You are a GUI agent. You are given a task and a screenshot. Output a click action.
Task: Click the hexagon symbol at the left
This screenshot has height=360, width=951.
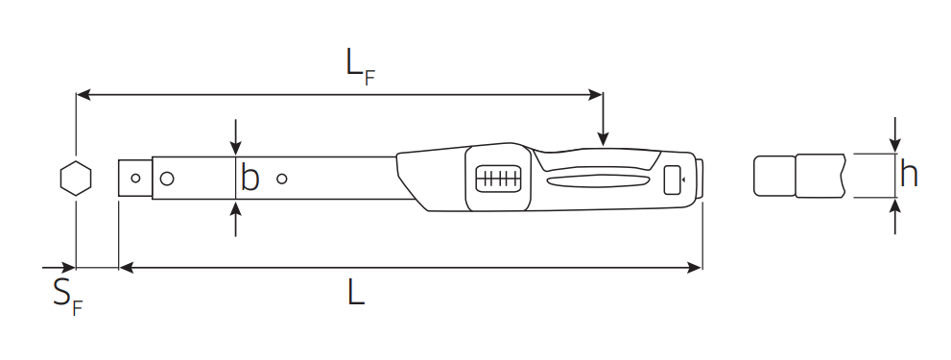[x=76, y=179]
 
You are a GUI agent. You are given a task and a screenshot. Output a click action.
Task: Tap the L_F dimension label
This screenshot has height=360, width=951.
[x=360, y=67]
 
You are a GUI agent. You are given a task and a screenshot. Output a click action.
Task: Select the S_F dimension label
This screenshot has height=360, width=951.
[x=67, y=297]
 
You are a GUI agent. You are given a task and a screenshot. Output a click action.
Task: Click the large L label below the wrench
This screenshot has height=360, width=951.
[x=356, y=293]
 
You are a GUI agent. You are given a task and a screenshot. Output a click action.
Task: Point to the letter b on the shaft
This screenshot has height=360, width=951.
[x=250, y=178]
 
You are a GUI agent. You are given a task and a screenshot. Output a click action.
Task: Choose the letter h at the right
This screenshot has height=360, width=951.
[x=909, y=174]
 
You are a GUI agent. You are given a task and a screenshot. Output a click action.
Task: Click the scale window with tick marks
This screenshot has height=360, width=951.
[x=499, y=179]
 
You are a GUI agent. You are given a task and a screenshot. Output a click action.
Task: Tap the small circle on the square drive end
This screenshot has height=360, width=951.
[x=136, y=178]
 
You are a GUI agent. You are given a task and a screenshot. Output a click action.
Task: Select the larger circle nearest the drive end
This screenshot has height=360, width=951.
[x=167, y=179]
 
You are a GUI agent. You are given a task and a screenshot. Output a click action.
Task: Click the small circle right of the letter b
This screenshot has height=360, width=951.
[x=281, y=179]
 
